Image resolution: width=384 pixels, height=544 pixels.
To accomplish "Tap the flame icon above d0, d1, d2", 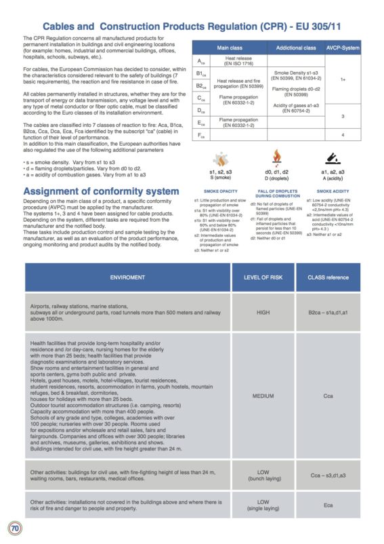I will tap(278, 157).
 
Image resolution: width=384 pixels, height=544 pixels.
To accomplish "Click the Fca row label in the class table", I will tap(200, 136).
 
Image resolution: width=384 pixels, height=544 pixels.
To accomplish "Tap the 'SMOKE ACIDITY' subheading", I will tap(332, 192).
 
